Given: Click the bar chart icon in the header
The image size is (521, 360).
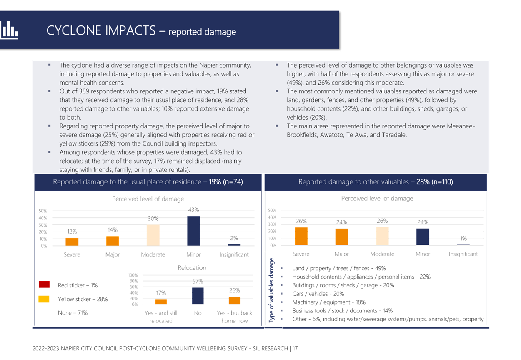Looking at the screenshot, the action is point(9,30).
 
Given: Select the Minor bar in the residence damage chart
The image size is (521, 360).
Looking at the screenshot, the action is point(193,231).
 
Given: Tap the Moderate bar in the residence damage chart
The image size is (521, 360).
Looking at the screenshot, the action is point(153,235).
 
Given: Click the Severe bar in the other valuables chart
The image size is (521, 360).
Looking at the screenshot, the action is point(301,236).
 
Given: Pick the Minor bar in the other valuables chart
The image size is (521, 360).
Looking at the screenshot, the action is point(423,237).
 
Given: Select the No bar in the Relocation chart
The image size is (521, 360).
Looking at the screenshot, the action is point(198,296).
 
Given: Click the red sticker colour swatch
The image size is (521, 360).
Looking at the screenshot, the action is point(44,284).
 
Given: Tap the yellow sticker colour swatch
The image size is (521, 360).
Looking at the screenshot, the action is point(44,299).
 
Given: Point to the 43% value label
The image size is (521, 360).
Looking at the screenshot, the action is point(193,210).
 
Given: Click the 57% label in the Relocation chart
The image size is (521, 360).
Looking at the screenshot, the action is point(198,281).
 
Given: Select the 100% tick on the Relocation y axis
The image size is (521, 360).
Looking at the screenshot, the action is point(133,275).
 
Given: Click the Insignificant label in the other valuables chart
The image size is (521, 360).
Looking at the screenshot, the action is point(463,254).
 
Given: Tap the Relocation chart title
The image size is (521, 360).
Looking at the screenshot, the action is point(192,268).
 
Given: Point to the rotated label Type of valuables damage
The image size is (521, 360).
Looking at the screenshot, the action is point(271,290).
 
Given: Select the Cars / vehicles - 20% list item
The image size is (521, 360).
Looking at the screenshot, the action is point(318,294).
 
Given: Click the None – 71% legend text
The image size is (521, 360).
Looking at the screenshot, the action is point(73,313).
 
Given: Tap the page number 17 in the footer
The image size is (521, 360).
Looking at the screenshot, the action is point(295,348).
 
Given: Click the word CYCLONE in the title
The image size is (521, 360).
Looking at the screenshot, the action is point(74,30).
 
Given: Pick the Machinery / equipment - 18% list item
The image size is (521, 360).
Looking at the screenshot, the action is point(329,302).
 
